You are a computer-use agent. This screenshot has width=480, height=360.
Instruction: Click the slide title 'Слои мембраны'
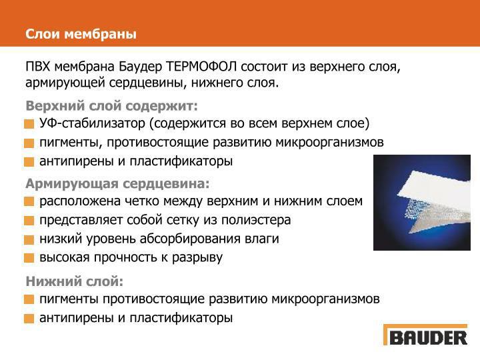click(81, 33)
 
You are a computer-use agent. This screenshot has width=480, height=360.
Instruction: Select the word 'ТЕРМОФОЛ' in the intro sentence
click(201, 67)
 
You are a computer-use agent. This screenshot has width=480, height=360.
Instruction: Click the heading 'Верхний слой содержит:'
click(112, 107)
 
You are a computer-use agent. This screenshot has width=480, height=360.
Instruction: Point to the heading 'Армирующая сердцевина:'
click(117, 183)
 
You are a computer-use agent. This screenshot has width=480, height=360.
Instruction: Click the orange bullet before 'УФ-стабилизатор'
click(29, 125)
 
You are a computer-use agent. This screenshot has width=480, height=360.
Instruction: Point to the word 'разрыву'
click(198, 257)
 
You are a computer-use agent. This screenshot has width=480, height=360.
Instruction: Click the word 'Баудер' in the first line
click(140, 67)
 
